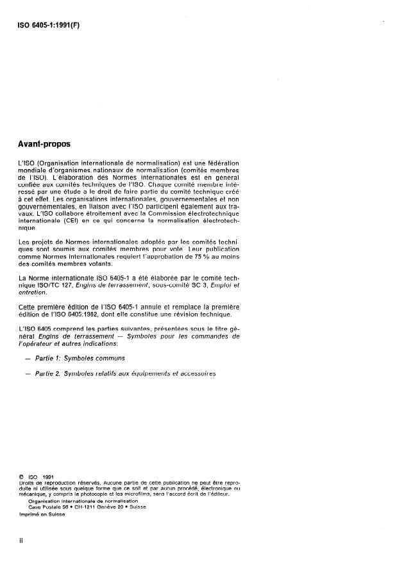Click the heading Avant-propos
click(44, 144)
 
